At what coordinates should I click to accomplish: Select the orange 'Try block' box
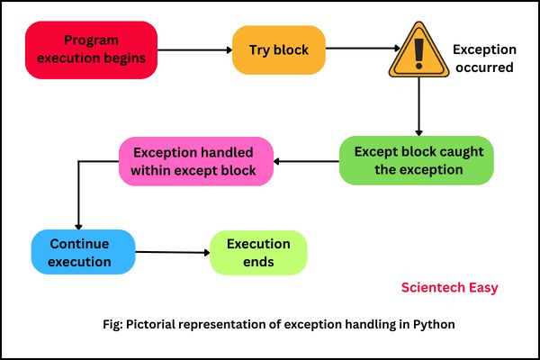point(277,49)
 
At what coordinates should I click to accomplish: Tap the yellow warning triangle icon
point(418,53)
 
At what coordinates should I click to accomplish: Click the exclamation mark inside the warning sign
point(418,55)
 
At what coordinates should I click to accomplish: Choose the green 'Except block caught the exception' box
point(416,160)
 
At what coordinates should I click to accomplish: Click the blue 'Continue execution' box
point(83,252)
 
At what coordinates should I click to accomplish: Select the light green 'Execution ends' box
point(258,253)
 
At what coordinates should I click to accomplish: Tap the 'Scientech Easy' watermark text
point(449,288)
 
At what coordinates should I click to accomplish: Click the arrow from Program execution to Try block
point(195,50)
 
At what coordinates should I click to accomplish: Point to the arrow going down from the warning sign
point(418,108)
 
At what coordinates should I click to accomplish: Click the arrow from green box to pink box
point(306,162)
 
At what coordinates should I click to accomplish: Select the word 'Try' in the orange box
point(259,49)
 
